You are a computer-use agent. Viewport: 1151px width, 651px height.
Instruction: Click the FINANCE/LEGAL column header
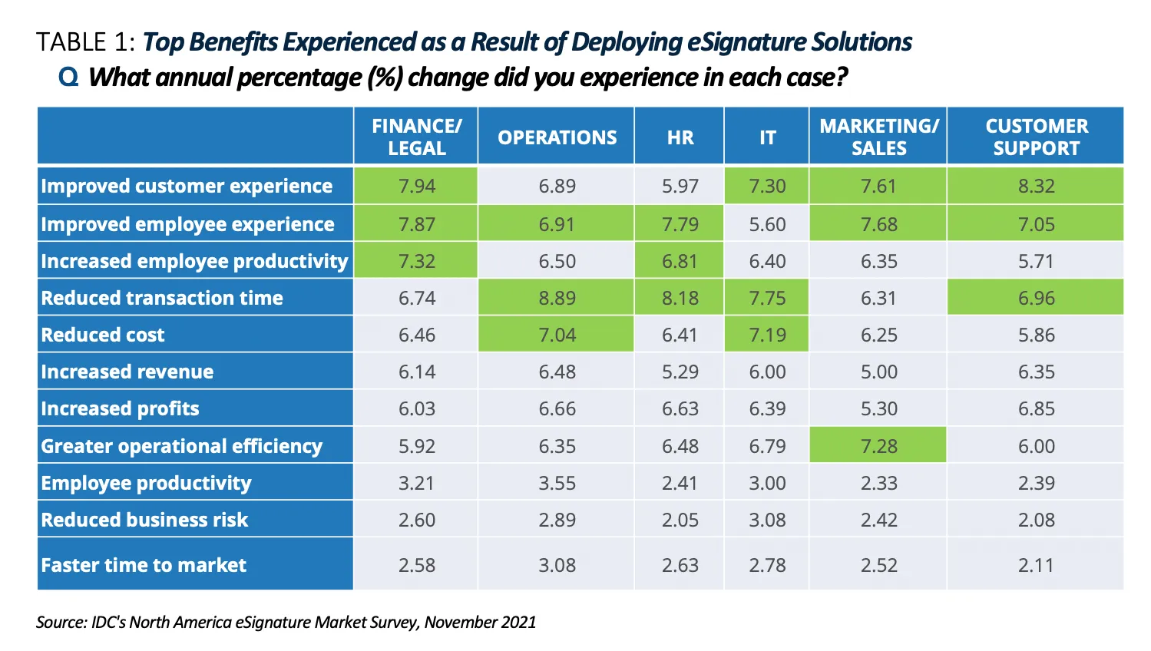416,137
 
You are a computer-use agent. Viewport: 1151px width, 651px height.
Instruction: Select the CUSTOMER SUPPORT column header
1036,137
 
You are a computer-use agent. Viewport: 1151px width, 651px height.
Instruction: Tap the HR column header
680,137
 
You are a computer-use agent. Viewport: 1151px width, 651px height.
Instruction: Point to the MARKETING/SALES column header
878,137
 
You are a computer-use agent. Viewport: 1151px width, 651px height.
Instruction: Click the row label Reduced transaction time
162,298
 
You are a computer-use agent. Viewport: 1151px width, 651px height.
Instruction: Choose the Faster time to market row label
144,565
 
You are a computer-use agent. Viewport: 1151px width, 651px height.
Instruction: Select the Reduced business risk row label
144,520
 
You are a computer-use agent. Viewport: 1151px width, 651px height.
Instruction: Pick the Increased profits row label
120,408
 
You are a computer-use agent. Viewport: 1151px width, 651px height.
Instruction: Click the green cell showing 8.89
557,298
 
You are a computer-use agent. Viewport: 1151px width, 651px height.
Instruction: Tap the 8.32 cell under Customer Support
1036,186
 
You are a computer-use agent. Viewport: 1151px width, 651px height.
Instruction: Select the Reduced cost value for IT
767,335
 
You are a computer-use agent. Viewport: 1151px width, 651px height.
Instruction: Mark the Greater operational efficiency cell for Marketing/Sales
878,446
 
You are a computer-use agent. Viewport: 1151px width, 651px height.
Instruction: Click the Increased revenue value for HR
680,372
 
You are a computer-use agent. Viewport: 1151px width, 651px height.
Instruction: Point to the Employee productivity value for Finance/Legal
416,483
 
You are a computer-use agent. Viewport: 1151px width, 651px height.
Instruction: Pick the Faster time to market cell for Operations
557,565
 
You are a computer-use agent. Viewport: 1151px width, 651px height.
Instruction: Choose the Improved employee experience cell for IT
767,224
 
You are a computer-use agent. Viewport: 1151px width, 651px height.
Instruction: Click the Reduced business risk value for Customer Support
1036,520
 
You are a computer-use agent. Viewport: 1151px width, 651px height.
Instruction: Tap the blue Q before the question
68,77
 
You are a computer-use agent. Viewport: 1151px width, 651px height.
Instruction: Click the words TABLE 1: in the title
86,41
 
